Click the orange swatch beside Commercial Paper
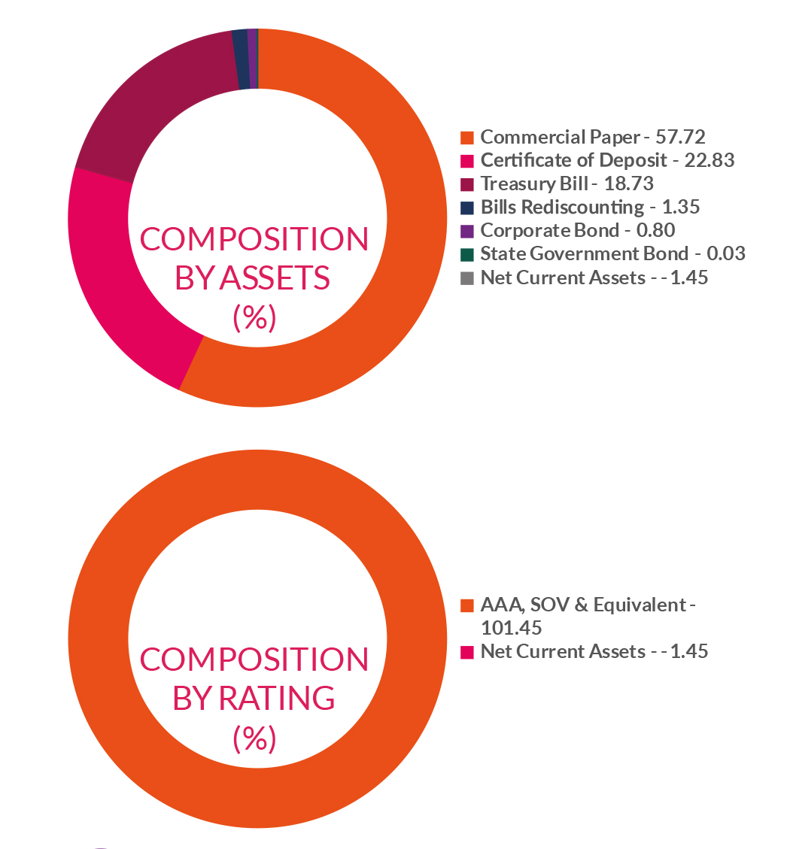tap(467, 138)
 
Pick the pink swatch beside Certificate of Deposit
tap(467, 161)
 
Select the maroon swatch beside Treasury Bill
tap(467, 184)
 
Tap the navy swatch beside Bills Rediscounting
tap(467, 208)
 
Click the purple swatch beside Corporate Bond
tap(467, 231)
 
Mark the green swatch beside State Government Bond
tap(467, 254)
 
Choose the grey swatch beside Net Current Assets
tap(467, 278)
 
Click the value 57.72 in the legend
tap(680, 137)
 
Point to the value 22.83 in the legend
tap(710, 160)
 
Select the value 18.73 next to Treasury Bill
tap(629, 183)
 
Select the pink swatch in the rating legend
tap(467, 652)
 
